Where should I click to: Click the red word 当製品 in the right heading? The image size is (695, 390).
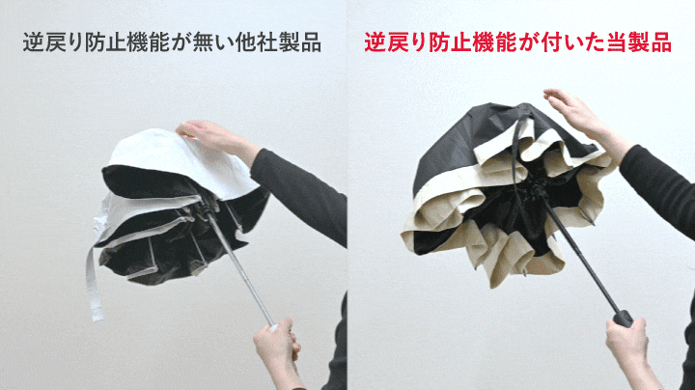[x=639, y=42]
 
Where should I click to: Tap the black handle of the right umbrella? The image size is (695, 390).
[x=623, y=319]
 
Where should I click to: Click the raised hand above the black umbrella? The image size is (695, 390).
[x=584, y=121]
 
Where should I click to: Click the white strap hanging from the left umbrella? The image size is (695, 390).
[x=93, y=284]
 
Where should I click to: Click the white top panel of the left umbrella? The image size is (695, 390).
[x=178, y=159]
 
